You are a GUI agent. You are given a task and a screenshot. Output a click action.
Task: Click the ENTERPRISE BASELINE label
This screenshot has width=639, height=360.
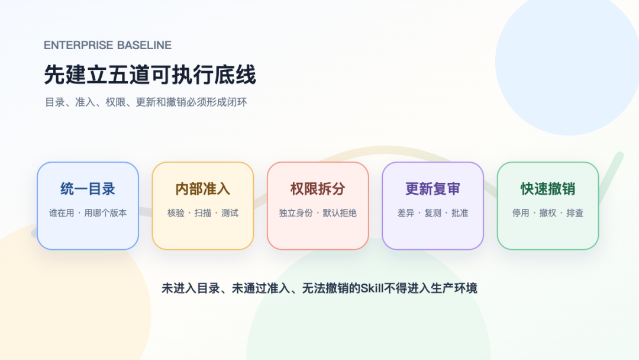pos(108,45)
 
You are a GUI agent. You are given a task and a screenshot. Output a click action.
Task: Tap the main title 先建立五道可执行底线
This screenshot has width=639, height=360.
pos(150,75)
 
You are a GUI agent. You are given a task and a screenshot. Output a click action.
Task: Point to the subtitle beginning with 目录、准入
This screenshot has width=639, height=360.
pos(146,102)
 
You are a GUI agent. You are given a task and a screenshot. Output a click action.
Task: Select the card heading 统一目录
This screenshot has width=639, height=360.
pos(88,189)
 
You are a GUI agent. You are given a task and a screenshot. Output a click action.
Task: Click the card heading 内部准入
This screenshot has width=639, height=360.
pos(203,189)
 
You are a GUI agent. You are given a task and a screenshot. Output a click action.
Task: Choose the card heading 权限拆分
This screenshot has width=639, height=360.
pos(318,189)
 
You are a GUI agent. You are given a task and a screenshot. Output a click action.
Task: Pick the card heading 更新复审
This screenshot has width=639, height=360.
pos(433,189)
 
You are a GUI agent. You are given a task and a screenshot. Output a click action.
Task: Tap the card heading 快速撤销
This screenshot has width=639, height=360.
pos(548,189)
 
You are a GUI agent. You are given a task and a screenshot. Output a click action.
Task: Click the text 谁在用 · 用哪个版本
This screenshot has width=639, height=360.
pos(88,213)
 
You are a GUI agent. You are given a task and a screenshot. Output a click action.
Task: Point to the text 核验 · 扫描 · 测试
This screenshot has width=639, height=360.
pos(203,213)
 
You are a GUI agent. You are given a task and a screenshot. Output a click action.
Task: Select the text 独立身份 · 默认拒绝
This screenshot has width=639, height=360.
pos(318,213)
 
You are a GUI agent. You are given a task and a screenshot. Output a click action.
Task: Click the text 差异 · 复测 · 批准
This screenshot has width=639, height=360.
pos(433,213)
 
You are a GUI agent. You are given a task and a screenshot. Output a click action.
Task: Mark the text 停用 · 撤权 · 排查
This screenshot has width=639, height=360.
pos(548,213)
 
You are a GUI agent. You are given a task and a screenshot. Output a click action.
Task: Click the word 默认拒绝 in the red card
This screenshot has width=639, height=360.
pos(340,213)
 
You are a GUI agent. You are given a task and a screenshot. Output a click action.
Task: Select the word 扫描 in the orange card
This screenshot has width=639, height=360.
pos(203,213)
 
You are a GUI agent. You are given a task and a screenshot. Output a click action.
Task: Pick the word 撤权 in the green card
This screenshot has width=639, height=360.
pos(548,213)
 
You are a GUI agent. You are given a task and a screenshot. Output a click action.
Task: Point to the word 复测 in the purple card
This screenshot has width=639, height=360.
pos(433,213)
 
